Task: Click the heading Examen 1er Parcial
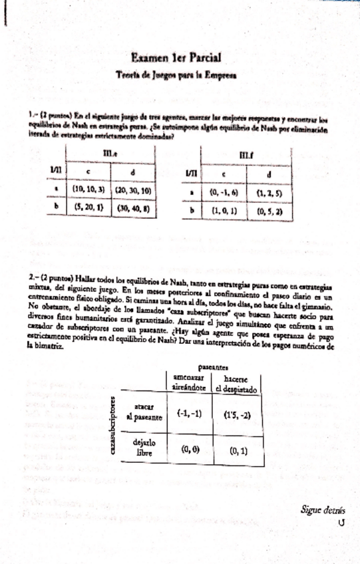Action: [176, 59]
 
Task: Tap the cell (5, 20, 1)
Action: [89, 207]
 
